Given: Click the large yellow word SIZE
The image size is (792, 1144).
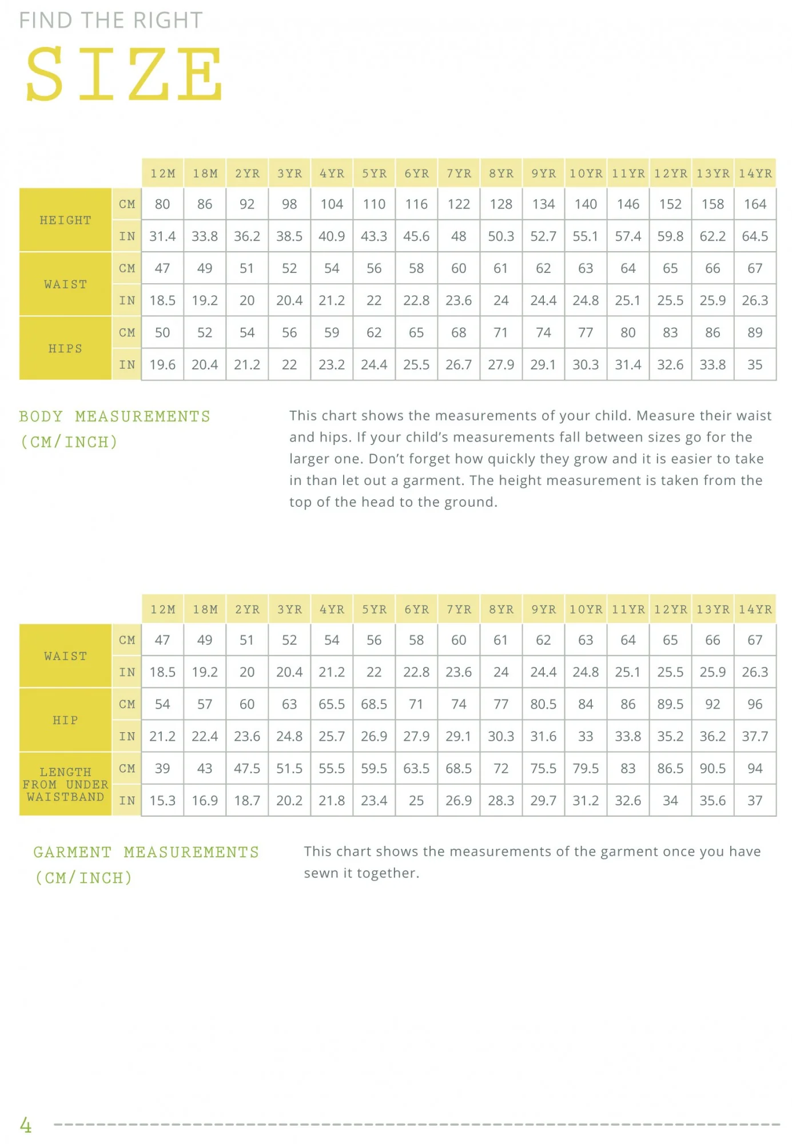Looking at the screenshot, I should coord(124,74).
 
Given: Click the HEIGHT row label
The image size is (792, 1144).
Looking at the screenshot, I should coord(65,220).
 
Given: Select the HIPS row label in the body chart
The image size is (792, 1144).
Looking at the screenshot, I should coord(65,348).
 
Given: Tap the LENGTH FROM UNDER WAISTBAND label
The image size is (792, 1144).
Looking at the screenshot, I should coord(65,784).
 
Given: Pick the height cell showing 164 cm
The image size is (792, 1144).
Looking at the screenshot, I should coord(755,204).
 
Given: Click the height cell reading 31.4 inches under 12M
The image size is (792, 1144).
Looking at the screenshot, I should coord(162,236).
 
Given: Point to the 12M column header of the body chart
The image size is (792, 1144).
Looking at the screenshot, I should coord(163,173).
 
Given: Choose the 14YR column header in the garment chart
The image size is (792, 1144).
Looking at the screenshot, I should coord(755,609).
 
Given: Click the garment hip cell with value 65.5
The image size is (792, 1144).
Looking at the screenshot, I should coord(332,704).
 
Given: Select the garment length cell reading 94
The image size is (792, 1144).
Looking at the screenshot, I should coord(755,768).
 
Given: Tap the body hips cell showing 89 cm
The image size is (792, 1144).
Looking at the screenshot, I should coord(755,332).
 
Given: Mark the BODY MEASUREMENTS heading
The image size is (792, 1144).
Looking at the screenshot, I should coord(114,416).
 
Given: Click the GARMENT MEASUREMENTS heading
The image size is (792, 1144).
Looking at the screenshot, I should coord(146,852).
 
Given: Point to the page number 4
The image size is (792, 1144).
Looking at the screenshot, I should coord(26,1125).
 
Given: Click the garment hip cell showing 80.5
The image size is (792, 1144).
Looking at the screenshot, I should coord(543,704).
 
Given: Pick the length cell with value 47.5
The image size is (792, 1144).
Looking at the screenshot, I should coord(247,768).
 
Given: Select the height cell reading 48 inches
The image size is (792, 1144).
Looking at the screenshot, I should coord(459,236).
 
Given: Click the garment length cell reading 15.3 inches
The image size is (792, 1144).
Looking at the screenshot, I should coord(162,800).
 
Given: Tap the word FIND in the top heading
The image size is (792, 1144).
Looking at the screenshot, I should coord(46,21).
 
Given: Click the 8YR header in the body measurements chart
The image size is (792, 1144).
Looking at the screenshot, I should coord(501,173).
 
